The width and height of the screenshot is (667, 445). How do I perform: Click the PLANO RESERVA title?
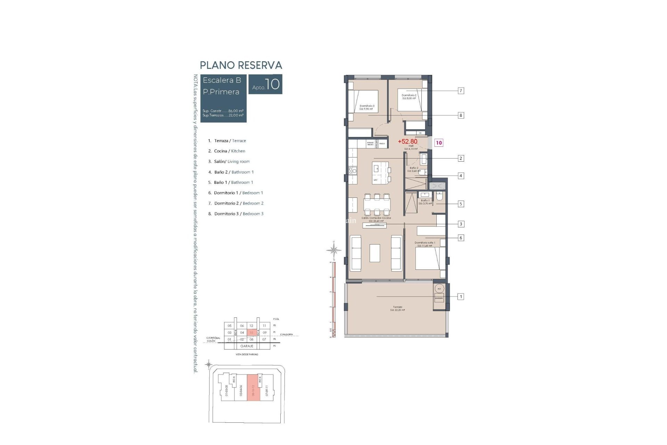(241, 65)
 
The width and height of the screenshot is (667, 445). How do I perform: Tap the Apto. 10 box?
(266, 84)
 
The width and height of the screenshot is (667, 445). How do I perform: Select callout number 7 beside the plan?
(461, 91)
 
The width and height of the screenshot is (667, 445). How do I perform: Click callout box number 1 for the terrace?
(461, 297)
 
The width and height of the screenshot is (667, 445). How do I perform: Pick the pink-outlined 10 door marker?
(439, 143)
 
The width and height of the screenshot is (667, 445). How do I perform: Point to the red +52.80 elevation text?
(407, 141)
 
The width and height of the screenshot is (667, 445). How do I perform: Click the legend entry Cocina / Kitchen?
(229, 151)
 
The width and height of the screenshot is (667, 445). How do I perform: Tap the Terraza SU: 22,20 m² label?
(397, 308)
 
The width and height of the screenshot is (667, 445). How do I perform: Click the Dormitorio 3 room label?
(367, 107)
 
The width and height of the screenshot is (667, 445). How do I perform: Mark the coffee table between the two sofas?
(375, 253)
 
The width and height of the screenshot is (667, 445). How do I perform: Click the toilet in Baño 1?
(439, 197)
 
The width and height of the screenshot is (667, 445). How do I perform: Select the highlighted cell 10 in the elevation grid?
(252, 333)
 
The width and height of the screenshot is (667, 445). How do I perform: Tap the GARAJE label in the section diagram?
(247, 346)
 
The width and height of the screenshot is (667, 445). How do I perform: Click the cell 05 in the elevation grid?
(229, 326)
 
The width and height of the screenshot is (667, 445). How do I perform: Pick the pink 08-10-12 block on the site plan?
(254, 388)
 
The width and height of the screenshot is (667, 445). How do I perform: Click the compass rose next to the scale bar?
(334, 250)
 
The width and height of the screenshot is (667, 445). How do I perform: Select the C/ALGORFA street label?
(286, 334)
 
